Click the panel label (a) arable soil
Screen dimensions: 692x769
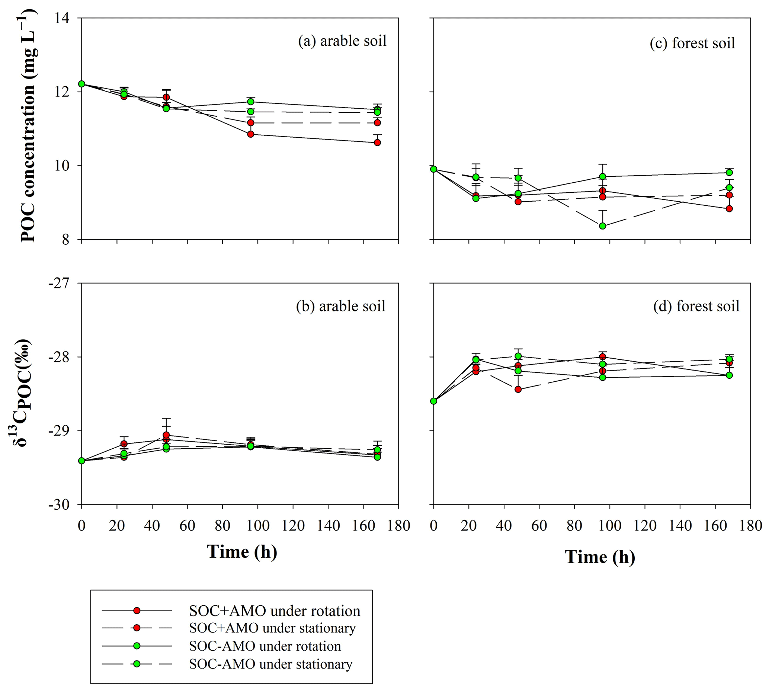[342, 41]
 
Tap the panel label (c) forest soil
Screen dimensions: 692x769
[692, 44]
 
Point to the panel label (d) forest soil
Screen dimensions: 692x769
[696, 307]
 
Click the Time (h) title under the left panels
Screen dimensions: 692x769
[242, 552]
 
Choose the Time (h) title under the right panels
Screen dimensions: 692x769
[600, 557]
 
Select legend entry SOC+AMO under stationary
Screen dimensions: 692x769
[272, 628]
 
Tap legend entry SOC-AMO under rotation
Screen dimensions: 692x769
[265, 646]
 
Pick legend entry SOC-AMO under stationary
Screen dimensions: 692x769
[270, 664]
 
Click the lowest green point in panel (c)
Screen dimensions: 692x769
[602, 226]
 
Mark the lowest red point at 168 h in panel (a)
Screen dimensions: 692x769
[378, 142]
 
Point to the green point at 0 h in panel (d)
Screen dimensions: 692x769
[434, 401]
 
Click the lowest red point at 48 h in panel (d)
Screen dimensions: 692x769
[518, 390]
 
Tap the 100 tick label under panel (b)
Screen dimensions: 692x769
[258, 526]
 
